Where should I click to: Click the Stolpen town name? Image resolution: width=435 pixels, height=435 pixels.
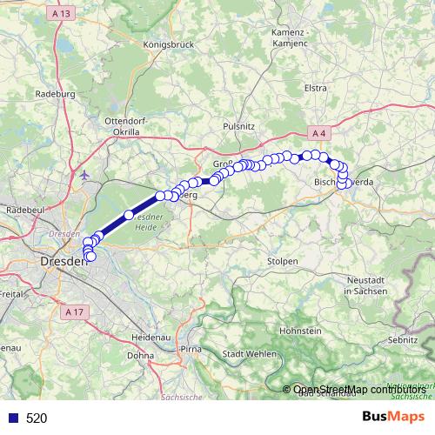coord(283,261)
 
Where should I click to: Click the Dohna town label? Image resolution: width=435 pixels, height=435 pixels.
coord(140,355)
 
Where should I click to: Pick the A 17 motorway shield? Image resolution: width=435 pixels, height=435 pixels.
coord(76,310)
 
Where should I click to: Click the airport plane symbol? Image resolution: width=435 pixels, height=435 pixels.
coord(85,175)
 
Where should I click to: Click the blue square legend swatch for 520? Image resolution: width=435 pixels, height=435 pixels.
coord(13,418)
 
